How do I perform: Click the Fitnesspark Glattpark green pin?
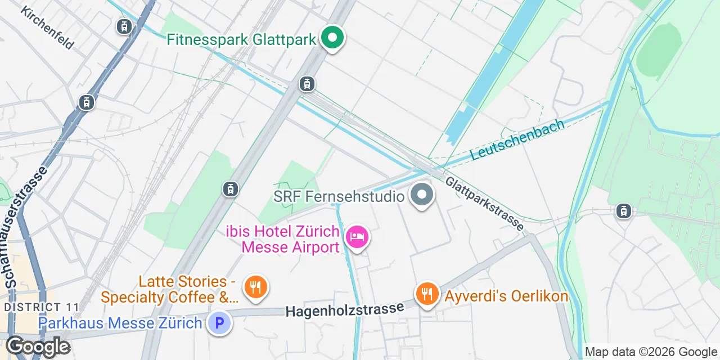coord(332,38)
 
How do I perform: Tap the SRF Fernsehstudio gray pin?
coord(422,195)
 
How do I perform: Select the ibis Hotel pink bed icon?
coord(357,237)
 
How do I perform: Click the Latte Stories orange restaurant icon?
coord(255,287)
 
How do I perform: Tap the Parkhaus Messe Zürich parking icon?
coord(219,323)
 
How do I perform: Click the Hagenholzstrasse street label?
coord(345,309)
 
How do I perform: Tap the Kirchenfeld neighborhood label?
coord(47,28)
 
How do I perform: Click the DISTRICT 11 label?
coord(40,307)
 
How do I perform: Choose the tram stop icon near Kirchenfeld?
coord(124,26)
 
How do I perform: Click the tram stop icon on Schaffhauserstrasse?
coord(86,102)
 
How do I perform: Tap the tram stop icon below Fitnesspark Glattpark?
coord(307,84)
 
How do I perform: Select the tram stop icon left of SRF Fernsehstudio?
coord(230,189)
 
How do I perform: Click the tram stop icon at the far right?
coord(623,211)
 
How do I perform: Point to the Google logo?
coord(37,346)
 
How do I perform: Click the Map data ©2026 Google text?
coord(650,352)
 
